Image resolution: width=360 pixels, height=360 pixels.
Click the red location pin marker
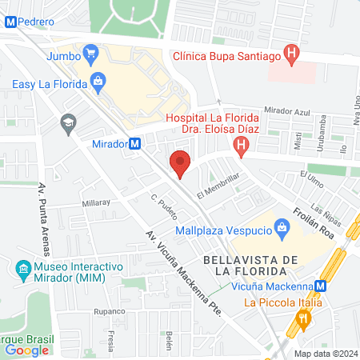point(181,162)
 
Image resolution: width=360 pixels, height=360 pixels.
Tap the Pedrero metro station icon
point(10,23)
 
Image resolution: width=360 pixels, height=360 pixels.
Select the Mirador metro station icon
point(135,144)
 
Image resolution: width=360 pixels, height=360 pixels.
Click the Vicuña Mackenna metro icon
point(320,286)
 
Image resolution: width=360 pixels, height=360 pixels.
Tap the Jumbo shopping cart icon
point(91,56)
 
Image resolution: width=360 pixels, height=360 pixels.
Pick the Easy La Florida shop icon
point(98,81)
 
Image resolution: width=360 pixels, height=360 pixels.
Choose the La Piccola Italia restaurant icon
point(303,319)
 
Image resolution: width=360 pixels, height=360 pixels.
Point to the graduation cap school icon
point(68,122)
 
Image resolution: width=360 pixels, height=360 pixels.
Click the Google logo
point(26,350)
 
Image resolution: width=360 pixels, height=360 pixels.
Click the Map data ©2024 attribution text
point(325,354)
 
